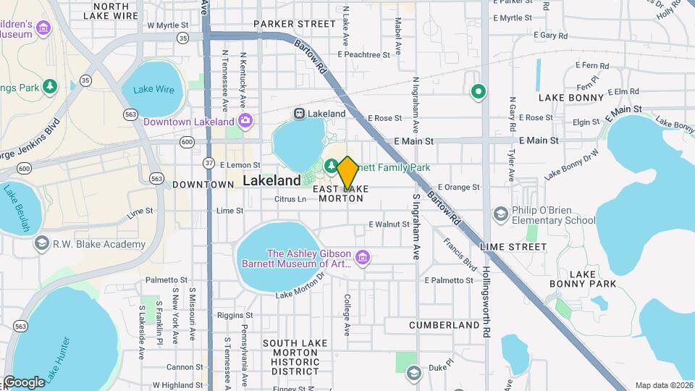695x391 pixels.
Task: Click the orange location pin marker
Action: coord(347,172)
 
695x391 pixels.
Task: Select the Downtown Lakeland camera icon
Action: coord(246,121)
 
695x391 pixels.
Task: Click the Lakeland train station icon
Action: coord(298,114)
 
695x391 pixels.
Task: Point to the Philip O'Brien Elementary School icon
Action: coord(500,214)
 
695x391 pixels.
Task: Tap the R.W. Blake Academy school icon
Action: coord(42,244)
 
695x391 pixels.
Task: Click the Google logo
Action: coord(24,382)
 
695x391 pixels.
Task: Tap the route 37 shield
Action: coord(208,162)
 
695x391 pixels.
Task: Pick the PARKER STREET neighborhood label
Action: coord(295,24)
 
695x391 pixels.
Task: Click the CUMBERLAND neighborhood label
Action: coord(444,325)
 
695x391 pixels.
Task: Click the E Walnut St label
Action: coord(389,224)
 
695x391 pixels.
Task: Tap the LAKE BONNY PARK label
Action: coord(592,279)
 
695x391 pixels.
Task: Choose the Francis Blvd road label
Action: coord(460,253)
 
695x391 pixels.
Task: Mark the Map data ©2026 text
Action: coord(664,385)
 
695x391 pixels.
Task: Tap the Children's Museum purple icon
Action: coord(44,28)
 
